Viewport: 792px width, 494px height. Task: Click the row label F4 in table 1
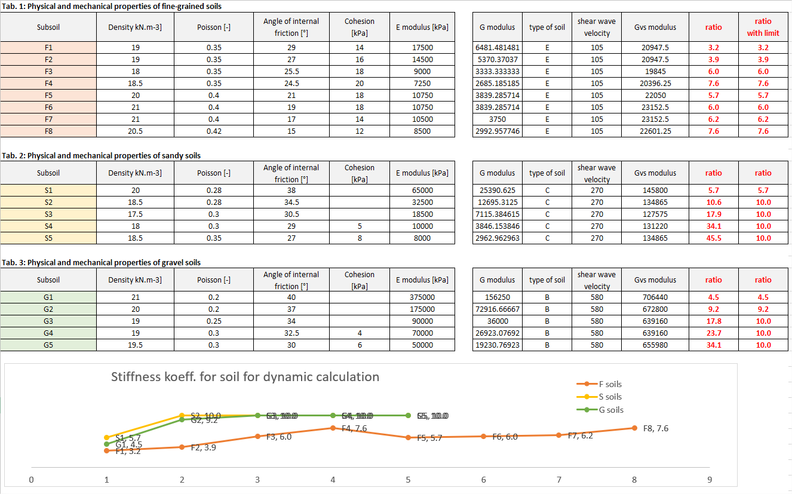tap(48, 84)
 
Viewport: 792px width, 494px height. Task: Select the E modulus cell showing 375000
tap(422, 297)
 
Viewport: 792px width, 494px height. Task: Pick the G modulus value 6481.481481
tap(497, 48)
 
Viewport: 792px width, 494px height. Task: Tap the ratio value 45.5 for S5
tap(713, 238)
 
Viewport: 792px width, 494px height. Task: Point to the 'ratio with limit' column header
tap(763, 27)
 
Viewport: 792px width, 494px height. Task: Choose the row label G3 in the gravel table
tap(48, 321)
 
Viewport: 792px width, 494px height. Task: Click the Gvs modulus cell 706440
tap(655, 297)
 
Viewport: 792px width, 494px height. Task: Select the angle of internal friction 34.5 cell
tap(291, 202)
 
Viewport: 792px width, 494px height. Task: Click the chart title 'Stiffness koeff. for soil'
tap(245, 377)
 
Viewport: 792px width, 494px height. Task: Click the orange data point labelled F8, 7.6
tap(634, 428)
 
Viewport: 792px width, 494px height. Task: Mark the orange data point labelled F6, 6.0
tap(484, 436)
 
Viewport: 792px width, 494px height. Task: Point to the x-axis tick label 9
tap(710, 480)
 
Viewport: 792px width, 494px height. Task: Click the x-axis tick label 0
tap(31, 480)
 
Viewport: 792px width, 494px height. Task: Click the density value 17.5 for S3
tap(135, 214)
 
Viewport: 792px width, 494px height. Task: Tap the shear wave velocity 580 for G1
tap(597, 297)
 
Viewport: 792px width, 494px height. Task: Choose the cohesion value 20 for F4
tap(360, 84)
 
